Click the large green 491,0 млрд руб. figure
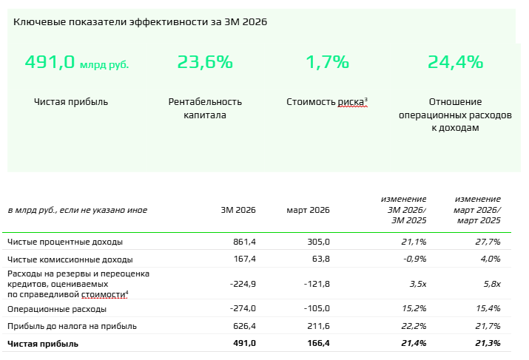[x=76, y=63]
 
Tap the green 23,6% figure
[x=205, y=63]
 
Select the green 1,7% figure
[x=327, y=63]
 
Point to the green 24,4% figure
[x=455, y=63]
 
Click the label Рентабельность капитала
[x=205, y=108]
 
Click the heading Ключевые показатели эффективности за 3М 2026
[x=141, y=21]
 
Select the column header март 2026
[x=308, y=210]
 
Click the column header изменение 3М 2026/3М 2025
[x=404, y=210]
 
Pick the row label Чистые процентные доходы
[x=65, y=242]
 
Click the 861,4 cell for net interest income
[x=243, y=242]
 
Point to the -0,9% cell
[x=414, y=259]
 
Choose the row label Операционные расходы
[x=56, y=308]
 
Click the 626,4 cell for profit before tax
[x=243, y=326]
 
